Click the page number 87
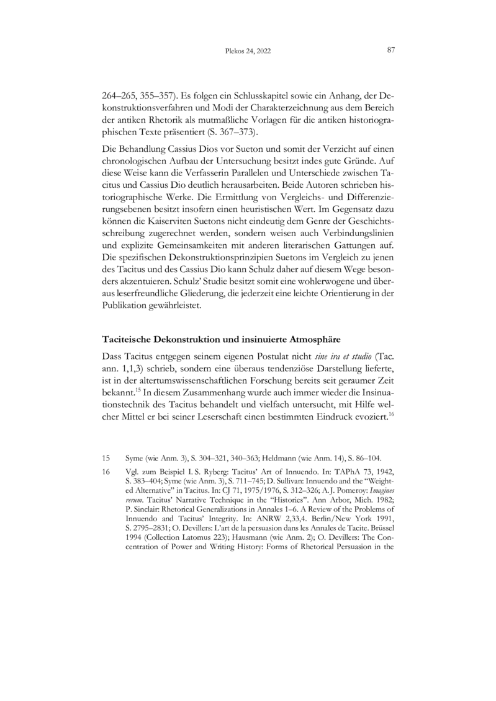391,50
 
